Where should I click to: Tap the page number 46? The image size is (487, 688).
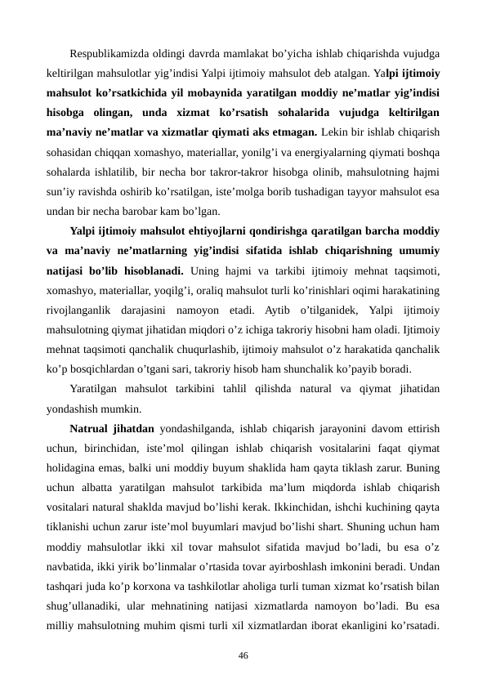tap(243, 654)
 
